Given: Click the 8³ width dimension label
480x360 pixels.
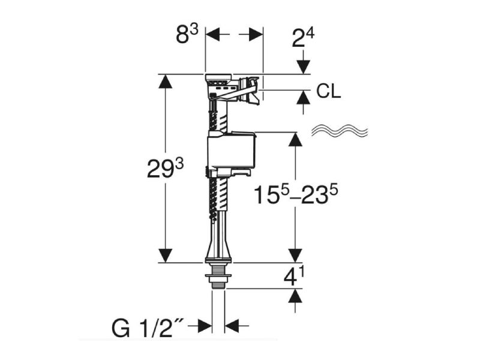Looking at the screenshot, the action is (x=187, y=34).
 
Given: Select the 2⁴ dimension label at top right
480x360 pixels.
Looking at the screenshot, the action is (x=303, y=37).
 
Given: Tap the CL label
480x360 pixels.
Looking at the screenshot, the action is (x=328, y=91).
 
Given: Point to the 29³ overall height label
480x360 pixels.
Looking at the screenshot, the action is (x=166, y=169).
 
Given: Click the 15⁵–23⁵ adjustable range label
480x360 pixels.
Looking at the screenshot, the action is (x=296, y=194).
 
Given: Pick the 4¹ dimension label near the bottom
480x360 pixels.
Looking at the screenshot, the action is (x=293, y=277).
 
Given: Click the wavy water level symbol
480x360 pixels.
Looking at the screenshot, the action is (x=339, y=131).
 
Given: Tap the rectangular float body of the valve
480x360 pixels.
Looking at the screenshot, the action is (x=232, y=150).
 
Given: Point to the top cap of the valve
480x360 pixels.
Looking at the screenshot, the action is (x=218, y=78).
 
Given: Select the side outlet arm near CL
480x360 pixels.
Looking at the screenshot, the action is (x=245, y=91).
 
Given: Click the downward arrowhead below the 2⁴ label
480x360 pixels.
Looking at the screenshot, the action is (x=303, y=67).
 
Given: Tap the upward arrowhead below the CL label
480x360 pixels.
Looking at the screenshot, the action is (x=303, y=98).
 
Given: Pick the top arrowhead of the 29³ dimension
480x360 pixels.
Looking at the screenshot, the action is (x=166, y=82).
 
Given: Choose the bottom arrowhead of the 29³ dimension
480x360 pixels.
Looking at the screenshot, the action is (x=166, y=256).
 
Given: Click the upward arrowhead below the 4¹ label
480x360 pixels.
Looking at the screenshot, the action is (x=295, y=295).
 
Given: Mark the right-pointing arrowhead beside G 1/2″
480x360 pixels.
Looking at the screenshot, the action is (x=205, y=326).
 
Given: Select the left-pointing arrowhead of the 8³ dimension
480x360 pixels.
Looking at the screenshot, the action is (x=213, y=34).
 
